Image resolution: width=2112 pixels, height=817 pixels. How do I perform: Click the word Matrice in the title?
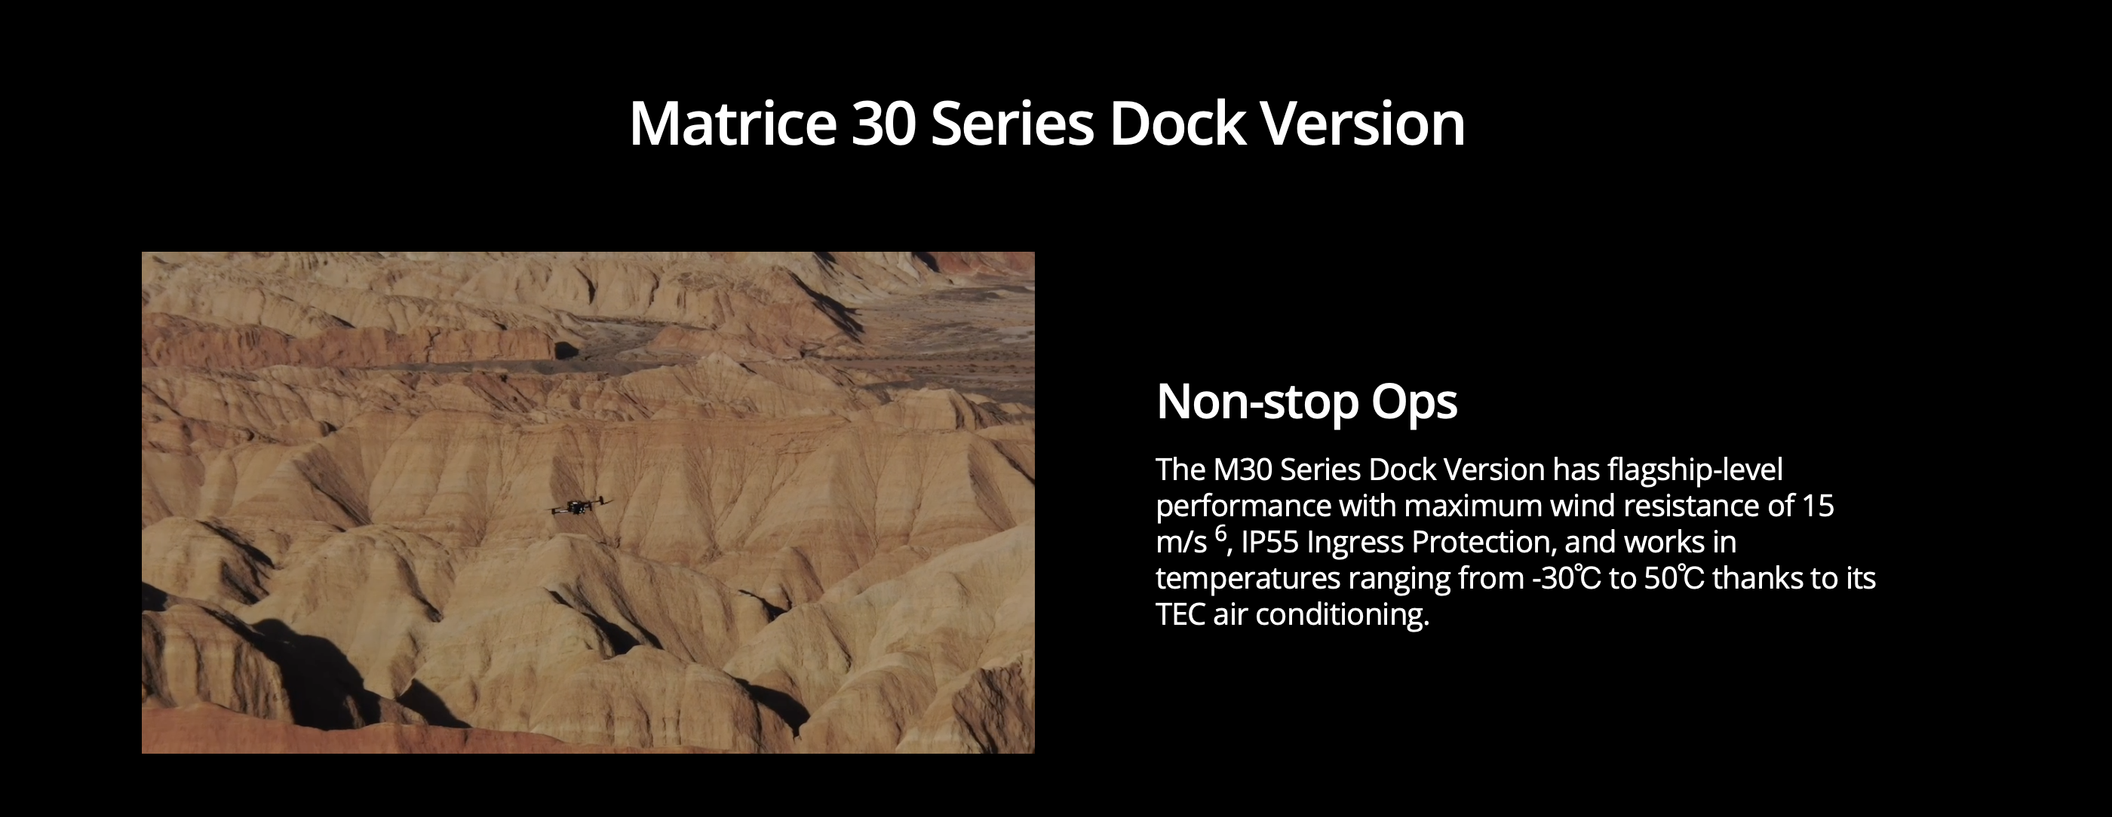[x=733, y=124]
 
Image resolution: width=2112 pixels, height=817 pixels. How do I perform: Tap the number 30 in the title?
[x=883, y=124]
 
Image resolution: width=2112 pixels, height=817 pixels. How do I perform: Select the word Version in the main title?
[x=1361, y=124]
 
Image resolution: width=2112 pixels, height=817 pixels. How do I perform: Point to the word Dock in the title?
[x=1177, y=124]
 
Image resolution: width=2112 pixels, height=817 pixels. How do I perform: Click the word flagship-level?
[x=1696, y=470]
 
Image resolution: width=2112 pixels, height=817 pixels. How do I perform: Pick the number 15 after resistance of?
[x=1818, y=506]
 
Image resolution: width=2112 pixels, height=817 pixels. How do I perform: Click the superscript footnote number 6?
[x=1220, y=534]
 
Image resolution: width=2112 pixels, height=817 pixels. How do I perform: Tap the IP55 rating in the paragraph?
[x=1270, y=543]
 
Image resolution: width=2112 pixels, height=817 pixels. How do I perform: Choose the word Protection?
[x=1480, y=543]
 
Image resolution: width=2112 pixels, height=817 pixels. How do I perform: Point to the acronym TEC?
[x=1180, y=614]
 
